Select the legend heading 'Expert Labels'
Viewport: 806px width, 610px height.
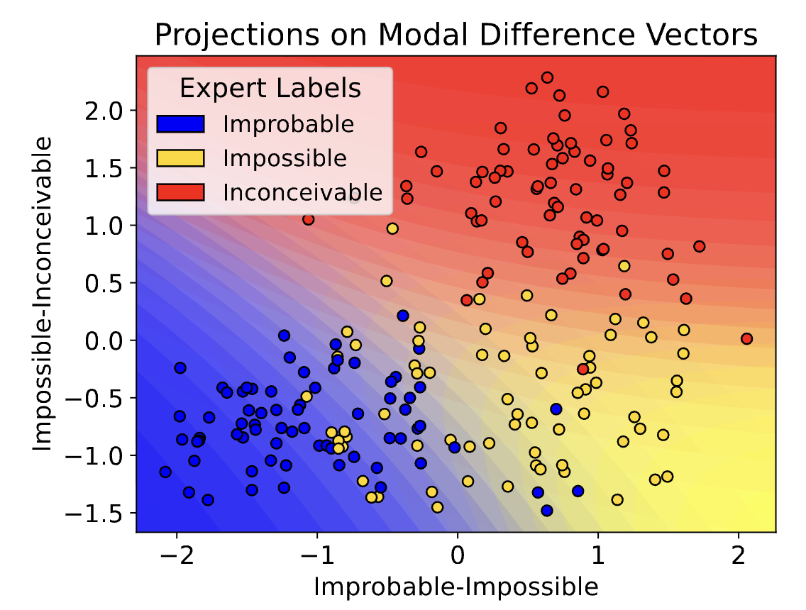coord(270,89)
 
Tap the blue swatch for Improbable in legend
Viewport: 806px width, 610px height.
coord(180,124)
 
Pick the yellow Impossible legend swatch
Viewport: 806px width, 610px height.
coord(180,157)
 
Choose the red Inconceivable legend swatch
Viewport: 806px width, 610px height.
coord(180,192)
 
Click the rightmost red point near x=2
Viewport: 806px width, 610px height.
coord(746,339)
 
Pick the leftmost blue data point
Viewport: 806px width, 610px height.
coord(165,472)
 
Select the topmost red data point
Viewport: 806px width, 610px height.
coord(547,77)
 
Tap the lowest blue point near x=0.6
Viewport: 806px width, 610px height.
coord(546,510)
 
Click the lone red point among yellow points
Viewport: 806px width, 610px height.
coord(583,369)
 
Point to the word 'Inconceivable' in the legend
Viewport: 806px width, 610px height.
coord(302,192)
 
